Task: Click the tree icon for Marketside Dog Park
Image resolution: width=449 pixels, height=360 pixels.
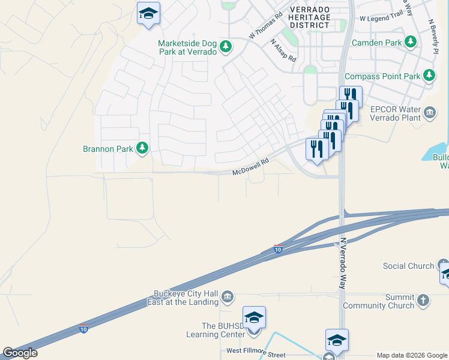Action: pos(226,47)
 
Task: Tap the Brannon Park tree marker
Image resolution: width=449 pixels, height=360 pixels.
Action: pos(142,148)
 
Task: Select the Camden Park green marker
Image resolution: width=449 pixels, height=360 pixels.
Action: pos(411,42)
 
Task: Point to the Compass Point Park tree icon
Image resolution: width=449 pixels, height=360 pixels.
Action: pos(429,76)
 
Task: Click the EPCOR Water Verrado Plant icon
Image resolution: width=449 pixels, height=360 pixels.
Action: pos(430,112)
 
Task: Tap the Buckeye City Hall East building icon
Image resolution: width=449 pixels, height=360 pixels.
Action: pos(228,296)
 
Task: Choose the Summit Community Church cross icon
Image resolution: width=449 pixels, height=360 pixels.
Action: pos(423,300)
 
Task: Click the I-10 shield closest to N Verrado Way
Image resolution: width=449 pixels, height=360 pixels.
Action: pos(278,248)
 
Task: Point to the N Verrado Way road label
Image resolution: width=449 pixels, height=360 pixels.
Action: pos(343,264)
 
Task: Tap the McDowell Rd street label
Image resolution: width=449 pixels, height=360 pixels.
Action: pos(250,166)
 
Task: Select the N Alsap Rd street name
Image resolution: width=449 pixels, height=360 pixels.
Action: pos(283,51)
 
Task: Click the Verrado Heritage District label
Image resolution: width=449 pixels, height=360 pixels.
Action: pos(310,17)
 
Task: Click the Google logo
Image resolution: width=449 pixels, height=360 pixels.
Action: pos(20,353)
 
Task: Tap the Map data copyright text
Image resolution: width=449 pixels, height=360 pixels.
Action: pos(412,355)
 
